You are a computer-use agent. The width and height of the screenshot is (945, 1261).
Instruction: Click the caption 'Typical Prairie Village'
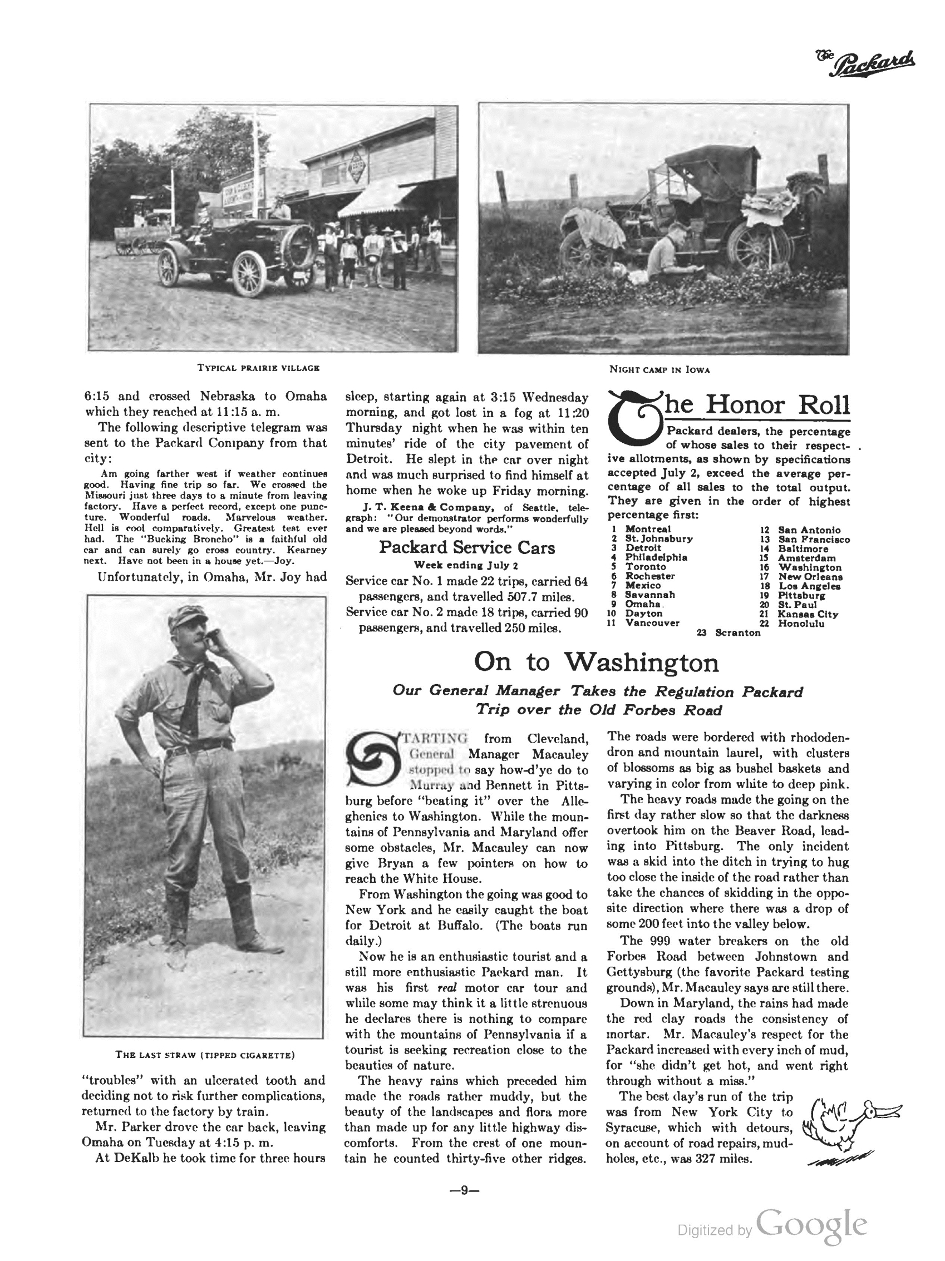coord(258,368)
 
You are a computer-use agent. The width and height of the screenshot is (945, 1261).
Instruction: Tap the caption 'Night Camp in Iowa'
coord(659,369)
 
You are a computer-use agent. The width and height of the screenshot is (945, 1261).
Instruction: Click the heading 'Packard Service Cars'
coord(466,547)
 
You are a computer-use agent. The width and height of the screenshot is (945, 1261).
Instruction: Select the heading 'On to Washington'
coord(596,662)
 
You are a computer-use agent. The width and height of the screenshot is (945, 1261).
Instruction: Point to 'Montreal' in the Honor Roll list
coord(647,529)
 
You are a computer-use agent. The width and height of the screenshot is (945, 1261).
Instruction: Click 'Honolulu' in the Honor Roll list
coord(801,623)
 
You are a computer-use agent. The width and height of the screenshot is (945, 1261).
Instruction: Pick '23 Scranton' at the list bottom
coord(729,633)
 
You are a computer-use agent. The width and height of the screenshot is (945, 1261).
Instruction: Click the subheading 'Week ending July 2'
coord(466,566)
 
